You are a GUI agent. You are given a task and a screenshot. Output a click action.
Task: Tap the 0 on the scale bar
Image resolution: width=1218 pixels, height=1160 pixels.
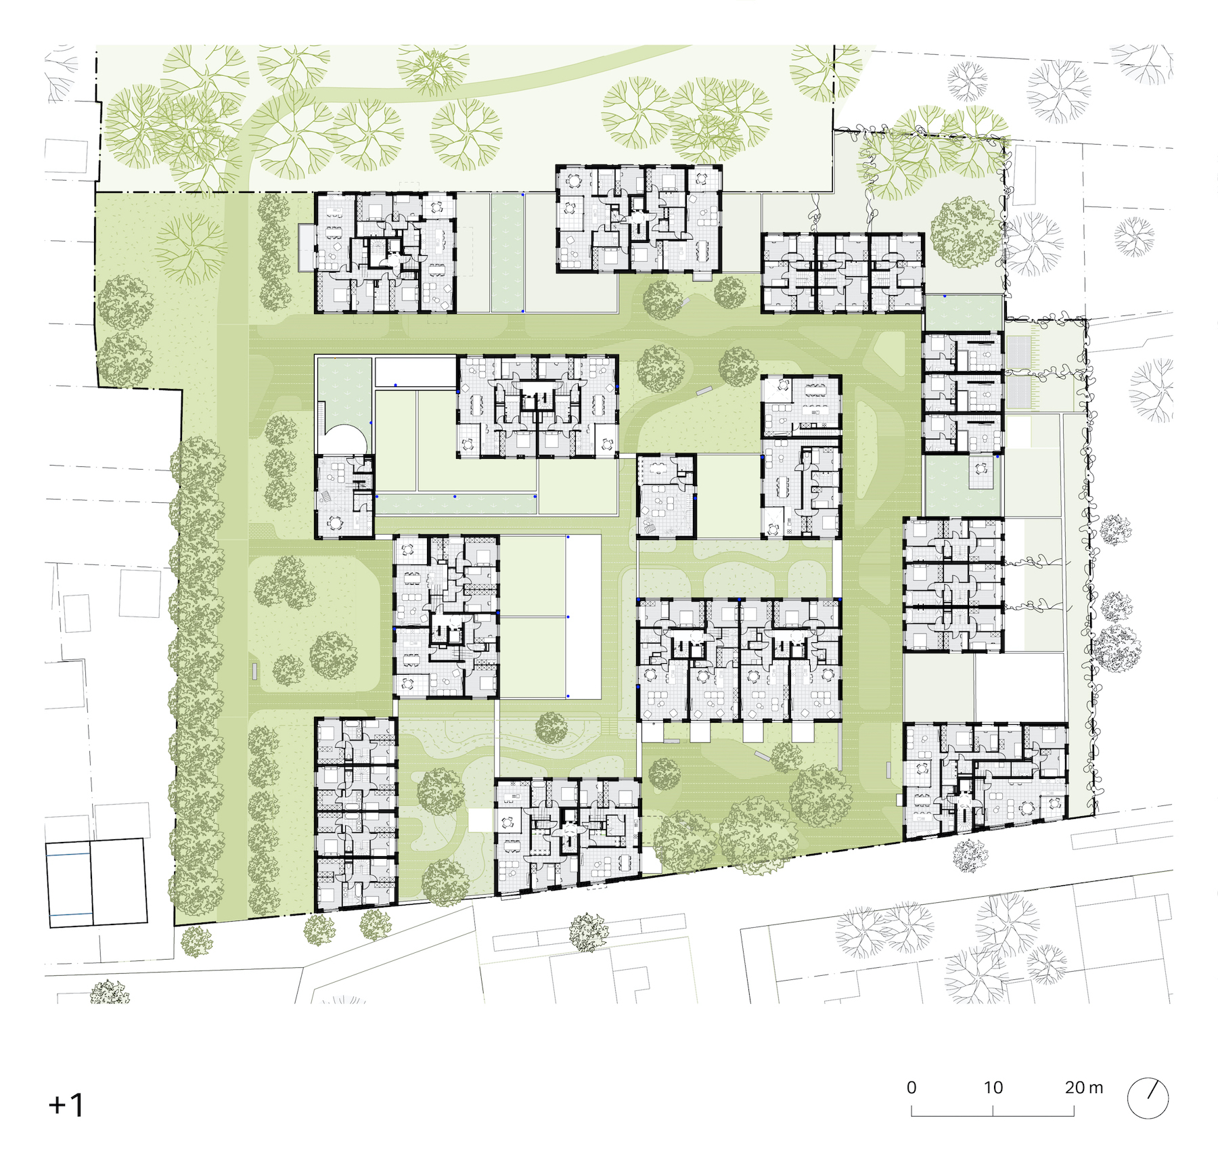pyautogui.click(x=911, y=1088)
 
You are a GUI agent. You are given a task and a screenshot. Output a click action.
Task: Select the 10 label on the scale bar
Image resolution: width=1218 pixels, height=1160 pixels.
pyautogui.click(x=993, y=1088)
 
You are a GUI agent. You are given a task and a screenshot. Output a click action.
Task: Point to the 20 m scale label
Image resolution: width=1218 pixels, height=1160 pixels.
pyautogui.click(x=1083, y=1088)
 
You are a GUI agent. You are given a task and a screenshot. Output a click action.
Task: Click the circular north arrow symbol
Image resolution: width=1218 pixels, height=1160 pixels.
pyautogui.click(x=1148, y=1098)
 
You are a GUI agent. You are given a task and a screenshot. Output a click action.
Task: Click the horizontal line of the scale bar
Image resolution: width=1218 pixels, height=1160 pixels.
pyautogui.click(x=993, y=1115)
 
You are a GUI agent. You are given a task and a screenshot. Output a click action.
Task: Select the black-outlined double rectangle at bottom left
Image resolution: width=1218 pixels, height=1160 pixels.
pyautogui.click(x=96, y=883)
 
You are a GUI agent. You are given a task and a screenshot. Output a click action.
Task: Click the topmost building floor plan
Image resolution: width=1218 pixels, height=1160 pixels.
pyautogui.click(x=639, y=219)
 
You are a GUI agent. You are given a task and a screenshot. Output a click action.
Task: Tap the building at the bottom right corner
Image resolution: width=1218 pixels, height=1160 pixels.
pyautogui.click(x=985, y=780)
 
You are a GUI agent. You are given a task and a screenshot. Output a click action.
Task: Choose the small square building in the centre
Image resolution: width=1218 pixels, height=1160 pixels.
pyautogui.click(x=667, y=496)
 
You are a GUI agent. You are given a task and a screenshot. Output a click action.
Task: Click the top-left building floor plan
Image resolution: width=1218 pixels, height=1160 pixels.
pyautogui.click(x=385, y=252)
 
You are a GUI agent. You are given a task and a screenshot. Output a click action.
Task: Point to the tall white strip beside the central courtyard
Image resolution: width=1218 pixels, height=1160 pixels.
pyautogui.click(x=583, y=617)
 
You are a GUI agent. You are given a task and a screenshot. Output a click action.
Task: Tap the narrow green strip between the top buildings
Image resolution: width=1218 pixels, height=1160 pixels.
pyautogui.click(x=507, y=252)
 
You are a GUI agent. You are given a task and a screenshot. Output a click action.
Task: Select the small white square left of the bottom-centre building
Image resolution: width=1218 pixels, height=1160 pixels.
pyautogui.click(x=481, y=820)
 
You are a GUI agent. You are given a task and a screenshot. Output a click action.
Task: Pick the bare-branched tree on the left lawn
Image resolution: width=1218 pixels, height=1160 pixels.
pyautogui.click(x=191, y=247)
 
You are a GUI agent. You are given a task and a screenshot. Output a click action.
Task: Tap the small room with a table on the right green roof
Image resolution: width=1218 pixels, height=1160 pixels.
pyautogui.click(x=981, y=472)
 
